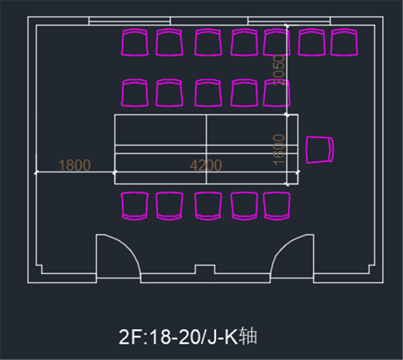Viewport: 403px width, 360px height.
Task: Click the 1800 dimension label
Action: pyautogui.click(x=75, y=165)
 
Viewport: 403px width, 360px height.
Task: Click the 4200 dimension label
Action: pyautogui.click(x=206, y=165)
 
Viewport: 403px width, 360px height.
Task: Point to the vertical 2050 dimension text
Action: pyautogui.click(x=279, y=70)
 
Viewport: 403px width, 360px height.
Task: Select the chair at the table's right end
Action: pyautogui.click(x=320, y=150)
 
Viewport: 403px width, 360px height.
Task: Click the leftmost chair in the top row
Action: pyautogui.click(x=135, y=42)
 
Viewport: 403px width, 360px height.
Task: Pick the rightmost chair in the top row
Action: pyautogui.click(x=345, y=42)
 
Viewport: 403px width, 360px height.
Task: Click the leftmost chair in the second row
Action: pyautogui.click(x=135, y=93)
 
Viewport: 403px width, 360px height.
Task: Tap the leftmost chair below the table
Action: pyautogui.click(x=135, y=205)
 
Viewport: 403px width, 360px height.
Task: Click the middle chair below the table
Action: pyautogui.click(x=208, y=205)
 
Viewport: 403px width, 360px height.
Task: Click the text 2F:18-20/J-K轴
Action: pyautogui.click(x=188, y=336)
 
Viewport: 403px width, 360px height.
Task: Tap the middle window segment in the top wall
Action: pyautogui.click(x=209, y=21)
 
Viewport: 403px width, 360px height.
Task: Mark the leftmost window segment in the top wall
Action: pyautogui.click(x=129, y=21)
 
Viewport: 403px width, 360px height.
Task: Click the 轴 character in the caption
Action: pyautogui.click(x=248, y=336)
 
